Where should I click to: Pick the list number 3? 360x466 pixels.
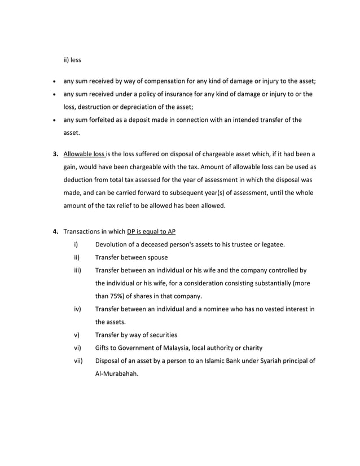[55, 153]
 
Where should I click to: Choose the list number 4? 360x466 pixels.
[55, 231]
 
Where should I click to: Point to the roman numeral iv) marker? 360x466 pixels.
[77, 309]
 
